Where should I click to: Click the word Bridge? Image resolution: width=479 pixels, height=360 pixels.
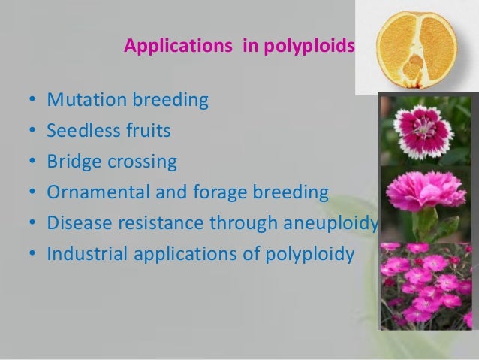click(72, 162)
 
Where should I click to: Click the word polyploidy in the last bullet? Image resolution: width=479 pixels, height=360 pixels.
click(312, 254)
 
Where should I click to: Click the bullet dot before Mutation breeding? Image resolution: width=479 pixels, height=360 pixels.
click(29, 101)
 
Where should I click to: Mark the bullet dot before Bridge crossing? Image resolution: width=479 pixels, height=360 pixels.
click(29, 162)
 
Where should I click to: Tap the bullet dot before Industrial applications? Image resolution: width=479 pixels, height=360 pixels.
click(29, 254)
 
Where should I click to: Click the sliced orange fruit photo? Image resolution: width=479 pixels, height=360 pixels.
click(414, 47)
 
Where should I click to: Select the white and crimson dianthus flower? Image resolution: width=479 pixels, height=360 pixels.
click(425, 130)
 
